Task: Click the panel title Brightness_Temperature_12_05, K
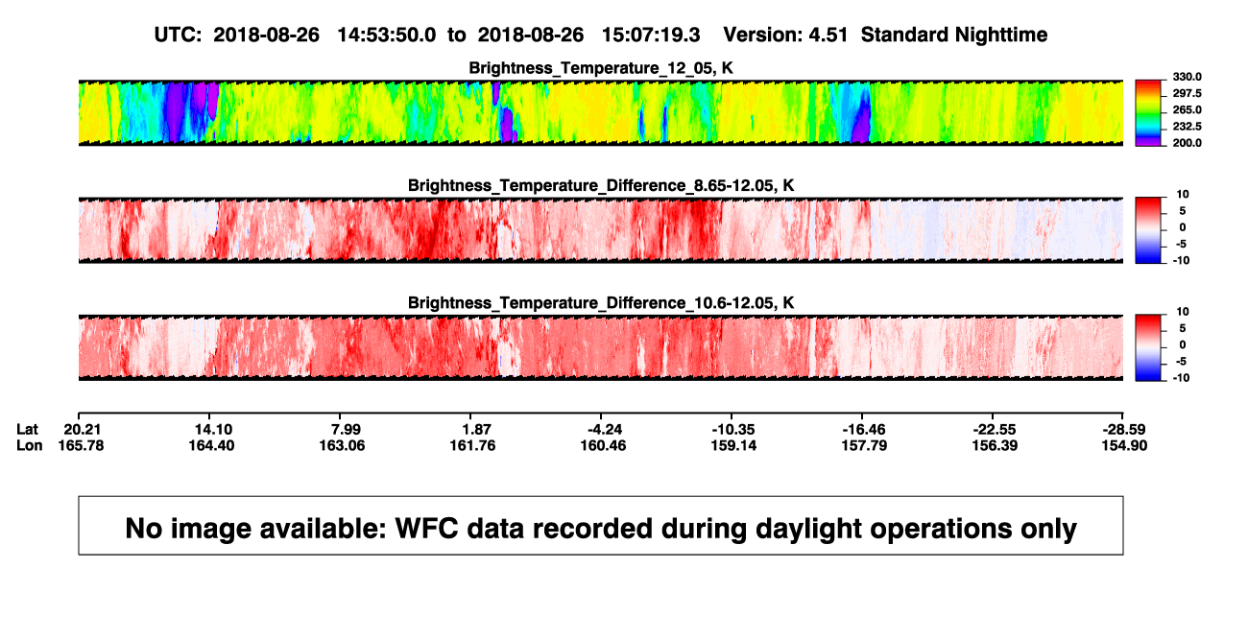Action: coord(601,68)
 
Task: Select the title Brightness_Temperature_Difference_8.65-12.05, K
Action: coord(601,185)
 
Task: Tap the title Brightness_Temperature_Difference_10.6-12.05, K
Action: coord(601,303)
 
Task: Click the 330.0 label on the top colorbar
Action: coord(1187,77)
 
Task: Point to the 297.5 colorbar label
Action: coord(1187,93)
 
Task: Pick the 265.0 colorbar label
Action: coord(1187,109)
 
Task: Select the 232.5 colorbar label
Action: coord(1187,127)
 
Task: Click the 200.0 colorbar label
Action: coord(1187,143)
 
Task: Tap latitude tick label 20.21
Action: coord(82,430)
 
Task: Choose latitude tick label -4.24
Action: coord(604,430)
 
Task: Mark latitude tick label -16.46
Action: coord(864,430)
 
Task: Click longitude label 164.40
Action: coord(211,445)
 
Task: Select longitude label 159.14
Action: coord(733,445)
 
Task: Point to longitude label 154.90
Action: coord(1124,445)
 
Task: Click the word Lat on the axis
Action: coord(27,430)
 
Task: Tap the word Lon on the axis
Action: coord(29,445)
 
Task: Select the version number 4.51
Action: coord(828,35)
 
